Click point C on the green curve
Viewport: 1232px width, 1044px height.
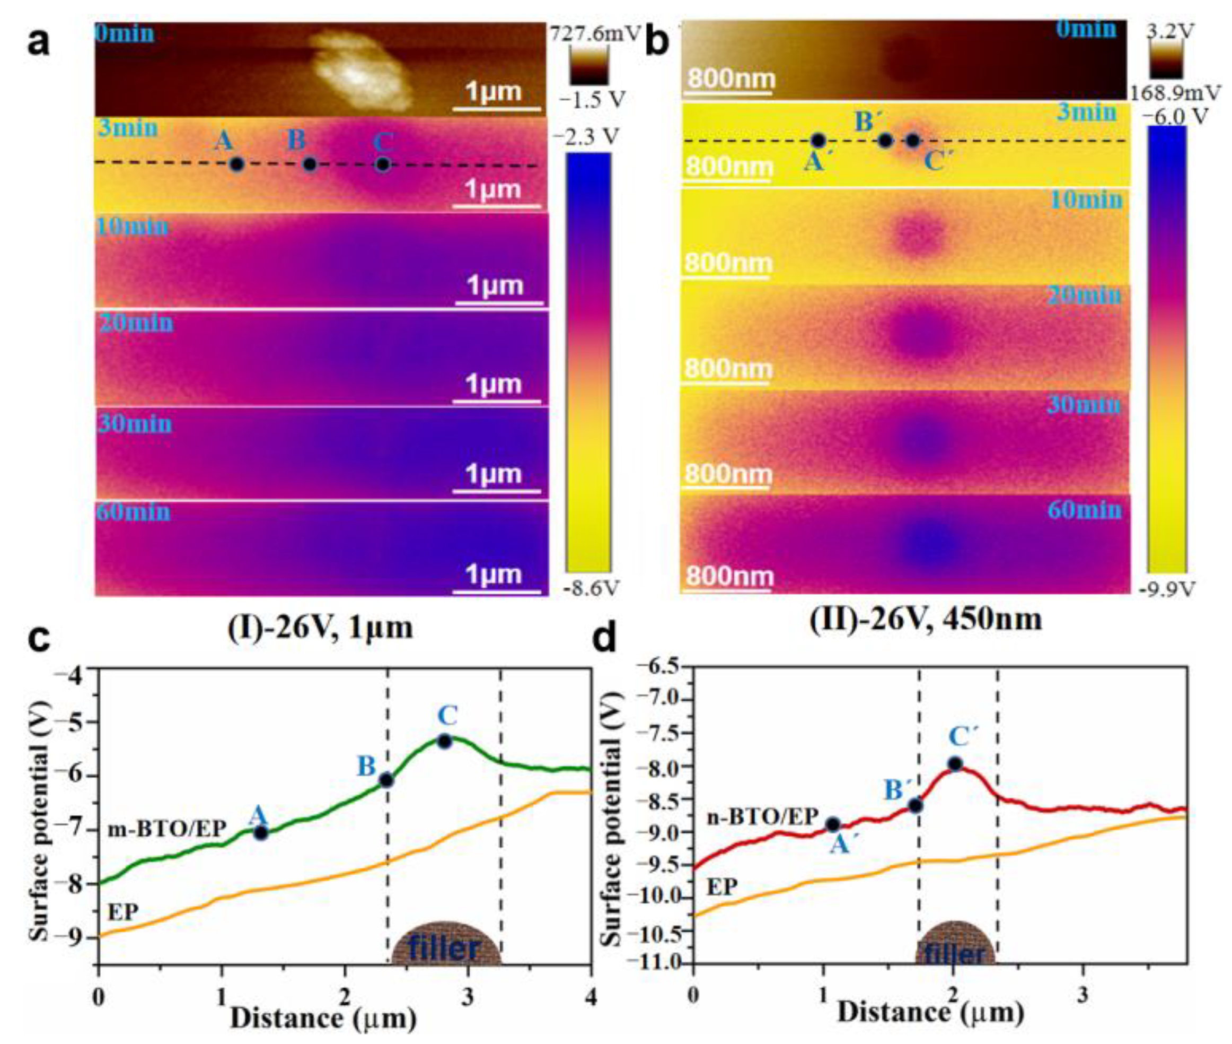pos(445,741)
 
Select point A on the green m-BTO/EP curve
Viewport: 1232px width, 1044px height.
pos(260,833)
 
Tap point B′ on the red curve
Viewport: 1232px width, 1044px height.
pos(915,805)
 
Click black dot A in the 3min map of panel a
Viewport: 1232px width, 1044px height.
pos(236,164)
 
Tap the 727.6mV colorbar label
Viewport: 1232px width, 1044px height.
pos(594,34)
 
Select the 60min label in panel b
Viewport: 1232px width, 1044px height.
pos(1084,510)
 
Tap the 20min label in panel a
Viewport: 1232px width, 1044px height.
pos(136,324)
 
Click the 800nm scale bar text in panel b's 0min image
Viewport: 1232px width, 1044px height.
pos(730,79)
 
